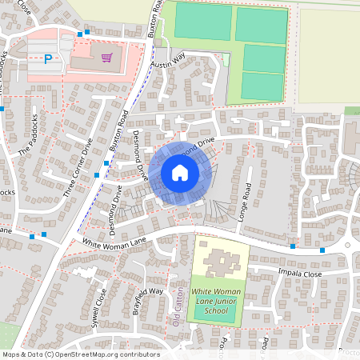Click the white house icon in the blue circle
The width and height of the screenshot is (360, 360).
(x=179, y=173)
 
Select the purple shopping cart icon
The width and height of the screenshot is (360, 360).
(x=106, y=57)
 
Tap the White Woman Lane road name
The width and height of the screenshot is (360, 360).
(x=112, y=240)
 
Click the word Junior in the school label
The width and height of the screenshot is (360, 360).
(x=216, y=300)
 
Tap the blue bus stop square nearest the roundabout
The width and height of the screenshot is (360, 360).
(x=322, y=250)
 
